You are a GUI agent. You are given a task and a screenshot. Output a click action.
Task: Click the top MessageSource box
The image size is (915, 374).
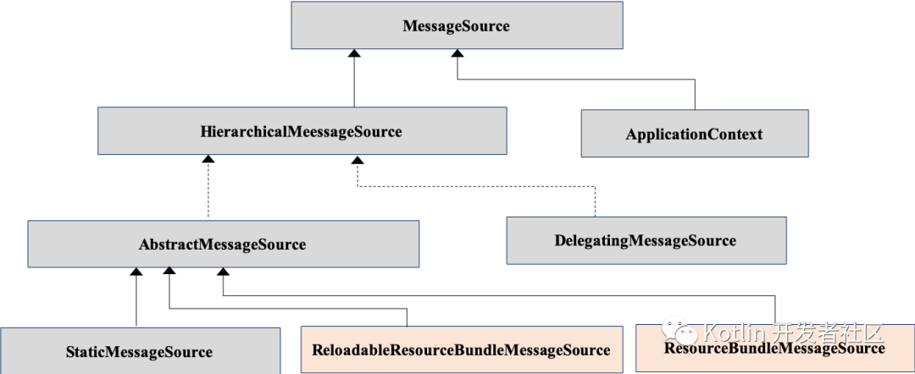click(457, 25)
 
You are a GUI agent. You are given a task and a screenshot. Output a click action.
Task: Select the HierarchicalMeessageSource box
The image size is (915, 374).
click(302, 131)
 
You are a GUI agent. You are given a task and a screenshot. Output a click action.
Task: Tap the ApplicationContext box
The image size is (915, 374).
click(694, 134)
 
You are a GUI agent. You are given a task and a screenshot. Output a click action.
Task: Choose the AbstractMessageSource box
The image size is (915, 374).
click(223, 245)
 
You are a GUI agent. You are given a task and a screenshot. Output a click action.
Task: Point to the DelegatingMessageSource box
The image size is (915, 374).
click(646, 240)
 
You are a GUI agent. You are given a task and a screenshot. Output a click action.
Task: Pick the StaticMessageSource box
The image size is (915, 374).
click(140, 351)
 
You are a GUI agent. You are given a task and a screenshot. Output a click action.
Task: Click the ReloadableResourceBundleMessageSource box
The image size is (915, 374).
click(461, 349)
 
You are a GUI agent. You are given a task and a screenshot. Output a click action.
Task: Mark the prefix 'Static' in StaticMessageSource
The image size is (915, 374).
click(86, 351)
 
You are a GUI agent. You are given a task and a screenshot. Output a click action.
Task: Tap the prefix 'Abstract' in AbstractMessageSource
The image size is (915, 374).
click(168, 245)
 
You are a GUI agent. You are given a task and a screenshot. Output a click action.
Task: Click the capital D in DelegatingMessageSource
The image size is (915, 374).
click(560, 240)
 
